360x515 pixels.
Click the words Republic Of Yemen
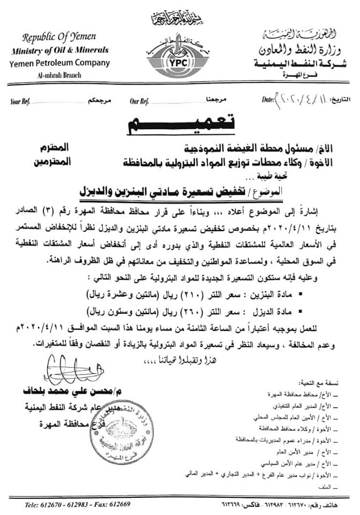(x=59, y=37)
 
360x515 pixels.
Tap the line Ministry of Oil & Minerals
(x=59, y=50)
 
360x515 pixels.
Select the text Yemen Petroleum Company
(x=60, y=63)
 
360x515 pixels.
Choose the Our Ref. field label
(x=139, y=100)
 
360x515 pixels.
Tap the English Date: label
(x=267, y=100)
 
